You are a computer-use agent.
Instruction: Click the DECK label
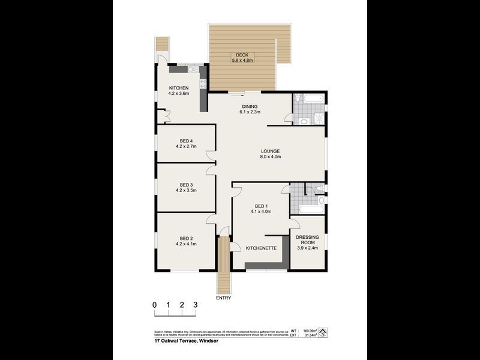pos(242,55)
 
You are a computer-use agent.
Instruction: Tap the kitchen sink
pos(193,70)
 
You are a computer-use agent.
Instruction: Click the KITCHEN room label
pos(179,88)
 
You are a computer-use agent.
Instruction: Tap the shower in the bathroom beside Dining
pos(319,118)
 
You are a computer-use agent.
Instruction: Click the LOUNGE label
pos(271,151)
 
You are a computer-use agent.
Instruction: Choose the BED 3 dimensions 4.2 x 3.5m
pos(186,190)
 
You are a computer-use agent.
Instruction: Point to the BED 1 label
pos(260,206)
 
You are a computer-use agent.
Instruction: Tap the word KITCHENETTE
pos(261,247)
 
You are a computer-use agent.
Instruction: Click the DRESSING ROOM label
pos(307,240)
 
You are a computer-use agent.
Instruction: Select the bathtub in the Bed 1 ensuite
pos(308,211)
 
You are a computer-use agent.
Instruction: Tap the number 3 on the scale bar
pos(195,305)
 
